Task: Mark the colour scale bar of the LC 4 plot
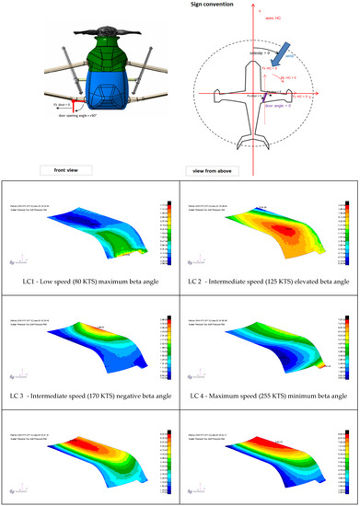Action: click(343, 348)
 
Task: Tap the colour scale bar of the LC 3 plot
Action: click(163, 348)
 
